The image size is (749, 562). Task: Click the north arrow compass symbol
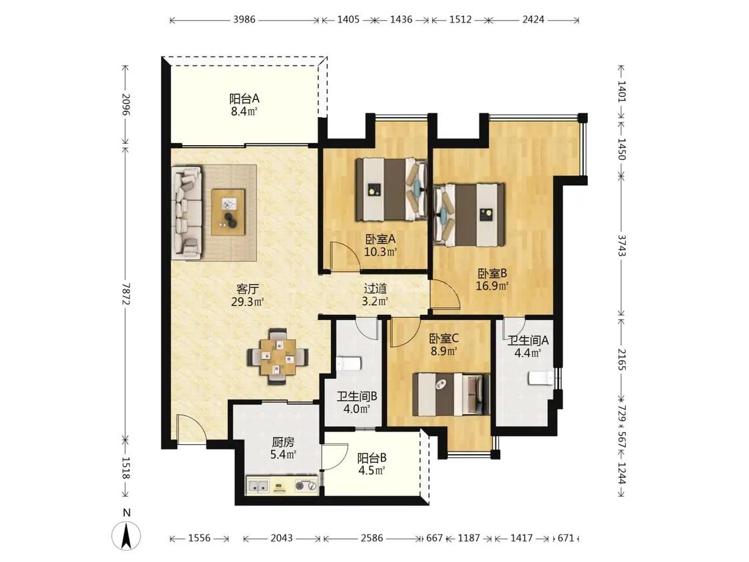(x=126, y=535)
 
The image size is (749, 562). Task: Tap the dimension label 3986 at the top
(x=244, y=19)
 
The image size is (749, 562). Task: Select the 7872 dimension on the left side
(x=126, y=293)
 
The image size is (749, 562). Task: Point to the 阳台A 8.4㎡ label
(x=244, y=105)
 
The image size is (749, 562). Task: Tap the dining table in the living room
(x=277, y=356)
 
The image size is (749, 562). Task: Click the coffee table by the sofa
(x=228, y=212)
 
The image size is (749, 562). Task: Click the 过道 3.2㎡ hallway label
(x=375, y=295)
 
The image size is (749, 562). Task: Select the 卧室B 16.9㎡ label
(x=492, y=280)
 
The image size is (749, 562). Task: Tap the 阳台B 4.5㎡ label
(x=372, y=464)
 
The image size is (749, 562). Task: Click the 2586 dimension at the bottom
(x=372, y=538)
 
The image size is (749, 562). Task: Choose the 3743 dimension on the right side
(x=621, y=244)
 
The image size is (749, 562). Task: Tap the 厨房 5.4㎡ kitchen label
(x=283, y=447)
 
